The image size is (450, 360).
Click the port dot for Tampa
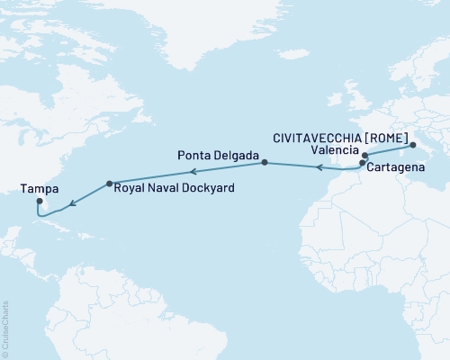[39, 202]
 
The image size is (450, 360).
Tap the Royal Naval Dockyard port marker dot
[109, 184]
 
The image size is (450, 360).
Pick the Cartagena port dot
[362, 163]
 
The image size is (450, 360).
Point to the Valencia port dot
[365, 156]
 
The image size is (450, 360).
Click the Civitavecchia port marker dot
[412, 144]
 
